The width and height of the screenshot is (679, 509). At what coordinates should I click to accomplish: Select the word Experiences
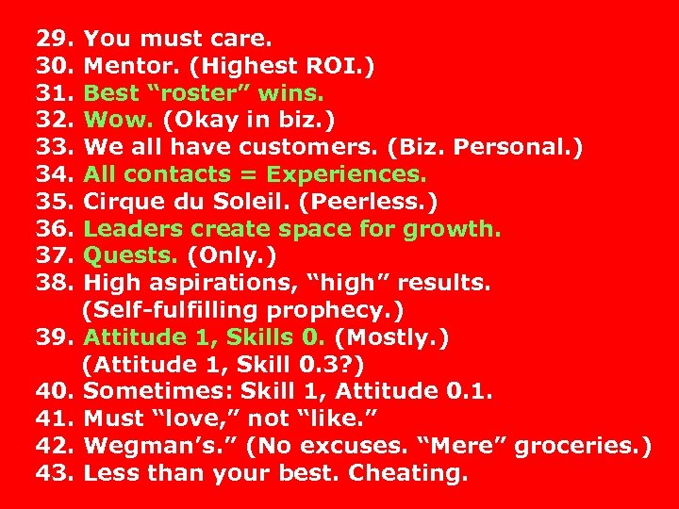pos(346,175)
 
